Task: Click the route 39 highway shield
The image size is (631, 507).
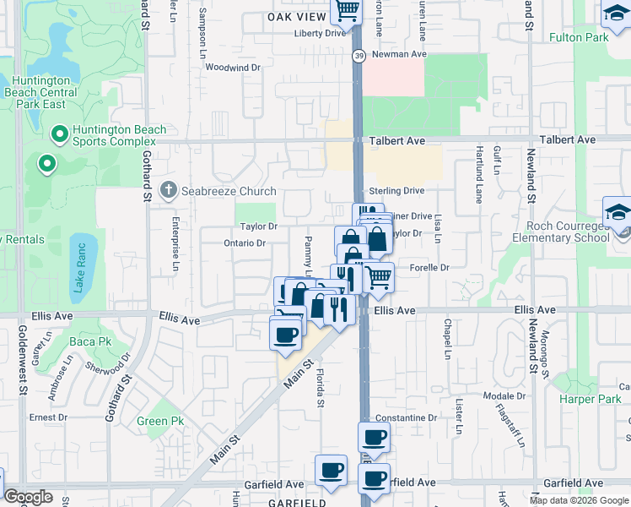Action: click(x=359, y=55)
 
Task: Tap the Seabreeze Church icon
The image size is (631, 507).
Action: click(x=169, y=190)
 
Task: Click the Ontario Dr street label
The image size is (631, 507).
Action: click(x=245, y=243)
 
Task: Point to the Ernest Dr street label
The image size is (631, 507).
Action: click(x=48, y=417)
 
